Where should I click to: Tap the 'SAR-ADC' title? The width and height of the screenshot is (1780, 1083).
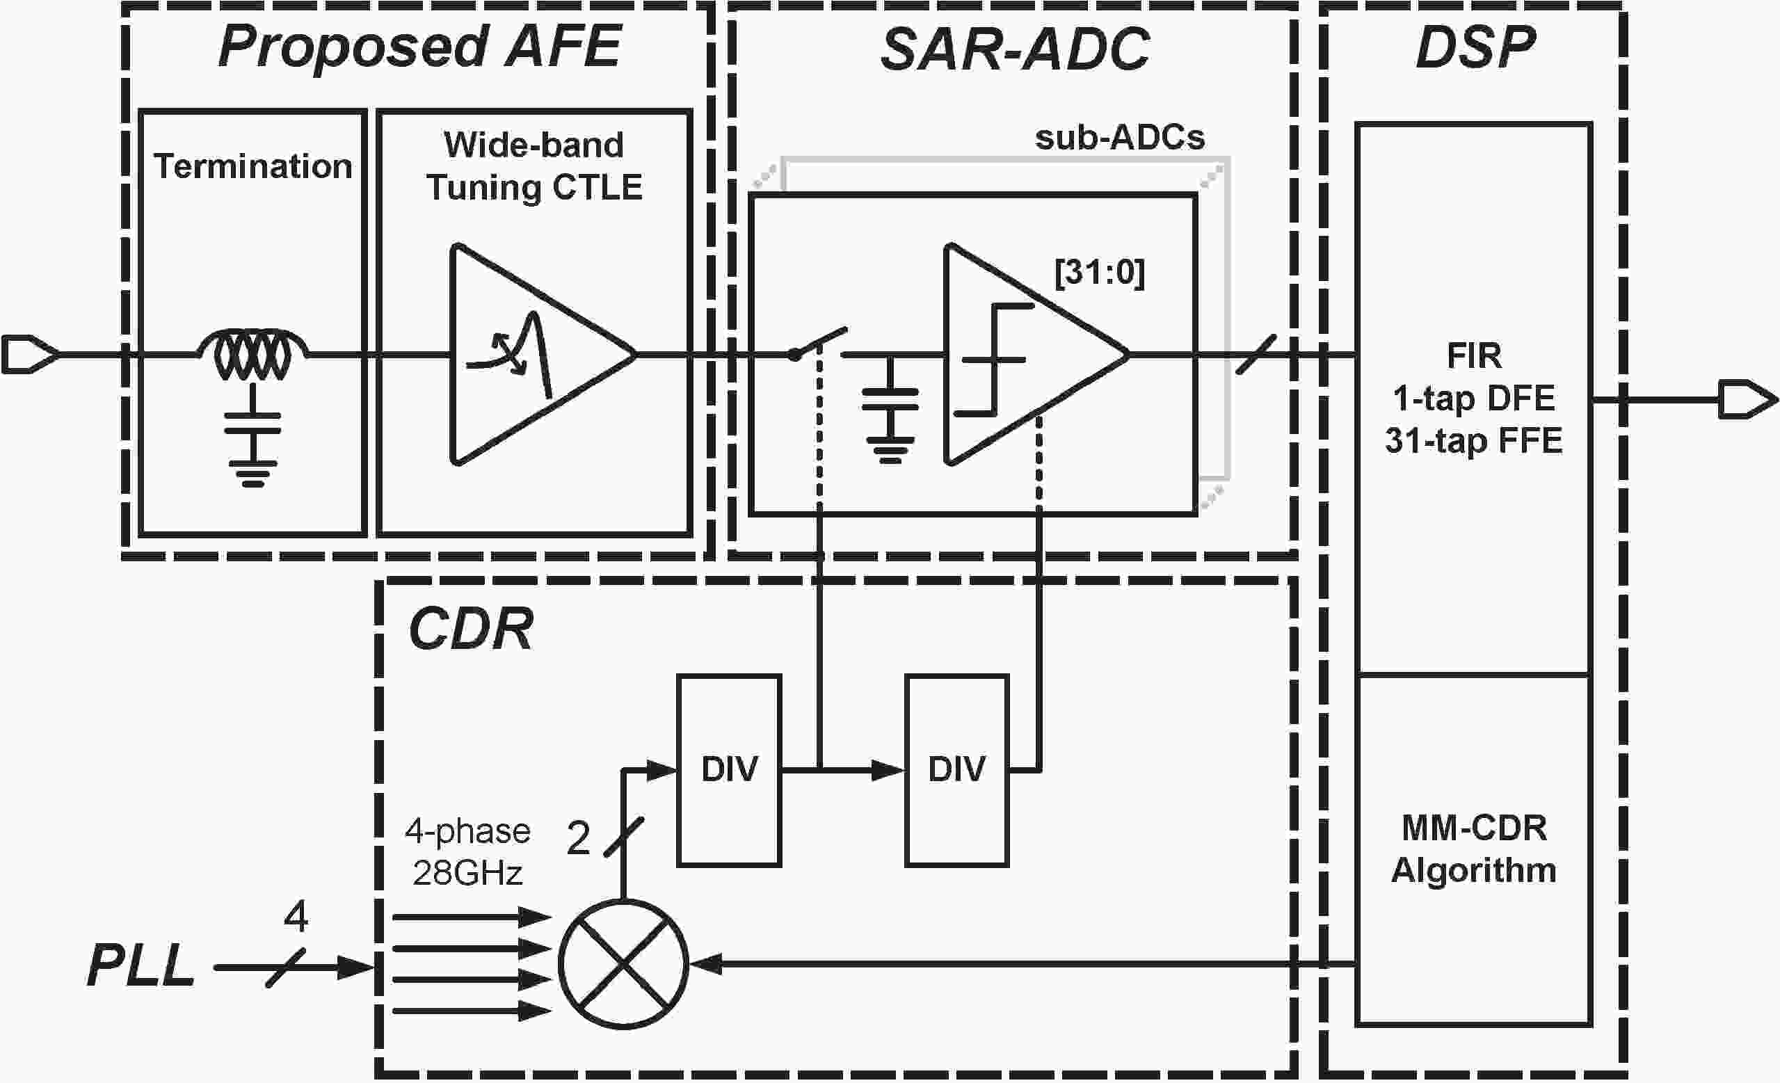click(1014, 50)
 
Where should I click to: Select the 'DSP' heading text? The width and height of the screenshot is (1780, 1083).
click(1475, 49)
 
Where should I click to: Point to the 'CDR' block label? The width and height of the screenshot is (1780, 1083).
click(471, 629)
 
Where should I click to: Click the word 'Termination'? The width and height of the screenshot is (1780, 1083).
click(252, 166)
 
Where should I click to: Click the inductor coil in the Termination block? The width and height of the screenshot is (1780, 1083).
click(252, 354)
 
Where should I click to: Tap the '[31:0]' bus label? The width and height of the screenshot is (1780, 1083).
click(1100, 273)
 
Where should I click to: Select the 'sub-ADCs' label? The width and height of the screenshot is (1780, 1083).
click(1120, 137)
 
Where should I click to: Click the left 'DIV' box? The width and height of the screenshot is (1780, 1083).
click(729, 770)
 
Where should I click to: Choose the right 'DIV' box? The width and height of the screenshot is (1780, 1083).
click(957, 770)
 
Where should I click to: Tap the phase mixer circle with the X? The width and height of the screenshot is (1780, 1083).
click(623, 964)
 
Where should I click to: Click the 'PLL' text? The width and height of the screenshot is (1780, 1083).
click(141, 966)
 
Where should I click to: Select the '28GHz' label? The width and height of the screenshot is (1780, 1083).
click(467, 874)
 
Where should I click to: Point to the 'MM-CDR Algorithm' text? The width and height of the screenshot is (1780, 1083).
click(1474, 849)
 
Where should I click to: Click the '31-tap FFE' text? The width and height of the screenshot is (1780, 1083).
click(1474, 440)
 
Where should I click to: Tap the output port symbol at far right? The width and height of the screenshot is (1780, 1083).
click(1747, 399)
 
